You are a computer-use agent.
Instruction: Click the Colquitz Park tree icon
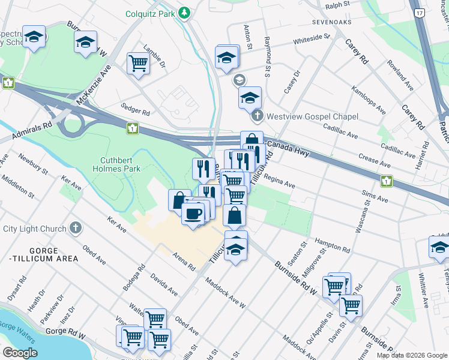pos(185,13)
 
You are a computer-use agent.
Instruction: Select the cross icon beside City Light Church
pos(75,228)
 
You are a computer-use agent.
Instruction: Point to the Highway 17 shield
pos(436,11)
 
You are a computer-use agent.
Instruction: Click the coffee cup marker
pos(192,214)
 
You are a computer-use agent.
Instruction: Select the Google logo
pos(20,353)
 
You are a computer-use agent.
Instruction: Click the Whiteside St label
pos(311,40)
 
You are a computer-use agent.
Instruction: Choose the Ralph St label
pos(337,5)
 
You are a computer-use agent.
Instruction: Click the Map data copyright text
pos(412,355)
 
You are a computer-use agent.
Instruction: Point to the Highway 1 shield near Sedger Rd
pos(131,128)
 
